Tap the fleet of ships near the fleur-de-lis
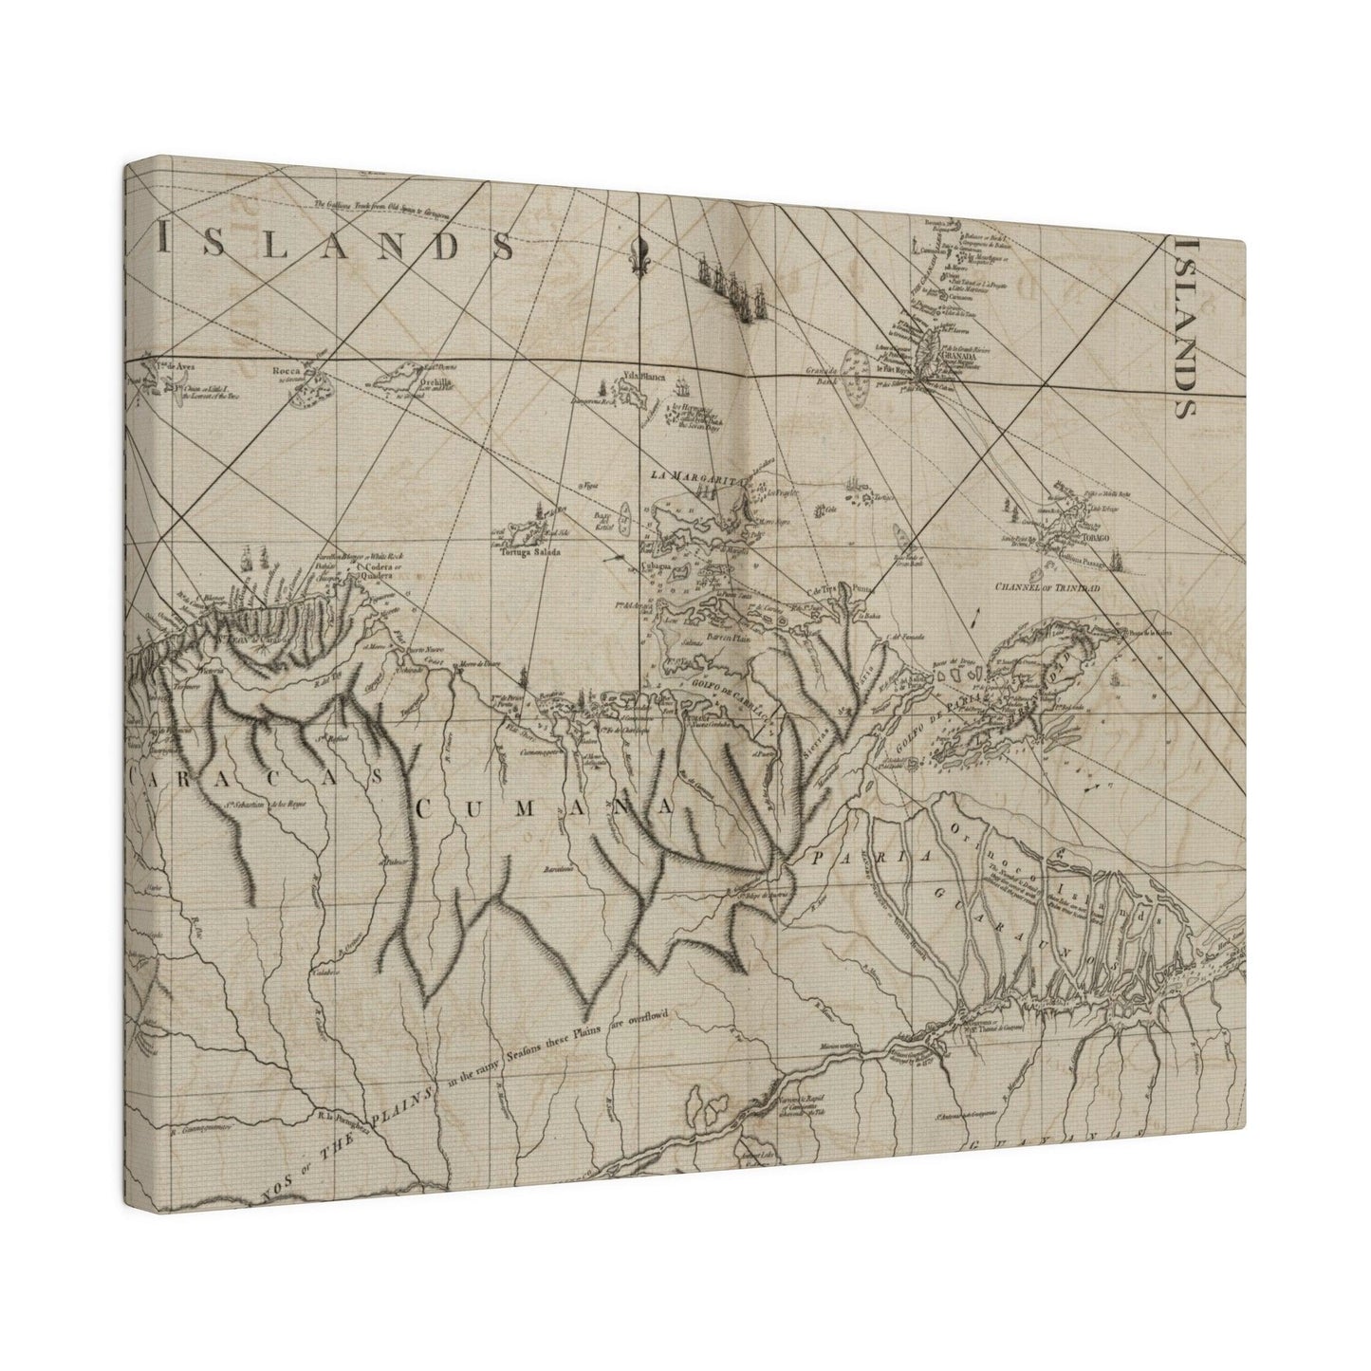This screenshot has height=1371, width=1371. [x=726, y=274]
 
